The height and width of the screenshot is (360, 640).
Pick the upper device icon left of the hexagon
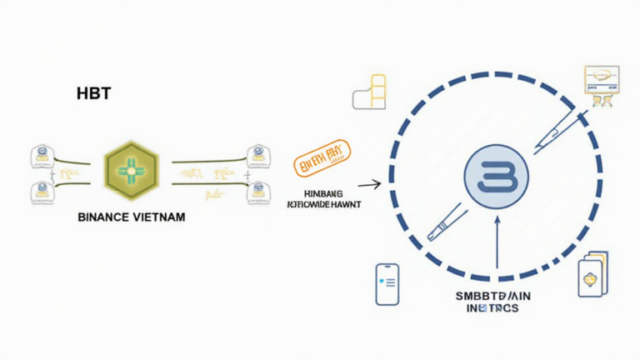pos(40,155)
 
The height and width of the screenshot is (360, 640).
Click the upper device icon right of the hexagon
pos(257,154)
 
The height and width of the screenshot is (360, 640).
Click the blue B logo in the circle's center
pos(495,177)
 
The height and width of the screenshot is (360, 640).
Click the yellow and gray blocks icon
pos(370,92)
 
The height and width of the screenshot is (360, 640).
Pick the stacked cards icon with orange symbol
pos(592,276)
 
